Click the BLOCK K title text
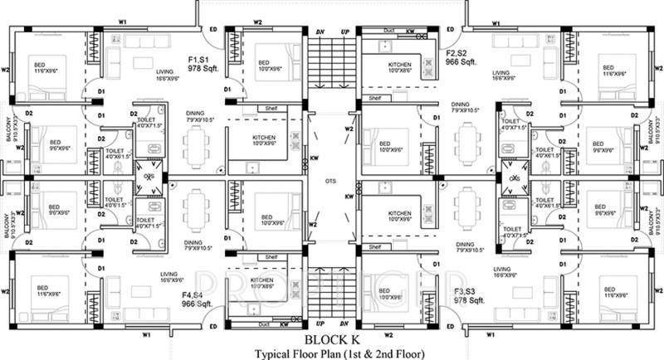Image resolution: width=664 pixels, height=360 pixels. [x=331, y=338]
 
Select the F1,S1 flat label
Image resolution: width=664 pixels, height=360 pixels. [x=199, y=60]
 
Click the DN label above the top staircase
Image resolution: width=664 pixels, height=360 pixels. [x=320, y=32]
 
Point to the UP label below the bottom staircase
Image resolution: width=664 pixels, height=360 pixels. [x=320, y=324]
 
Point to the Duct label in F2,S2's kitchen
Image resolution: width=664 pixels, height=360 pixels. [x=388, y=32]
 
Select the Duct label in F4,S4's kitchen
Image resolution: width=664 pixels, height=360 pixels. [x=264, y=324]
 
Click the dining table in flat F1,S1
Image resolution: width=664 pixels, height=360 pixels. [x=196, y=148]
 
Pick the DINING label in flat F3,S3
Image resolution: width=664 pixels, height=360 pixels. [x=466, y=244]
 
